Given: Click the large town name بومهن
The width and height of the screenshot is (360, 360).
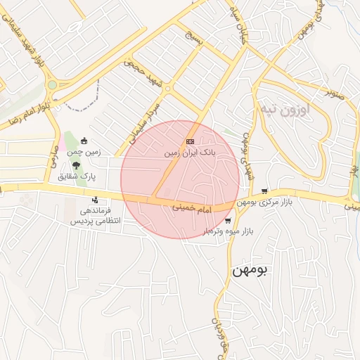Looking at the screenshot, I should [250, 270].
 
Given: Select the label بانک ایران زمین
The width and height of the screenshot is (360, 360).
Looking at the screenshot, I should [190, 152].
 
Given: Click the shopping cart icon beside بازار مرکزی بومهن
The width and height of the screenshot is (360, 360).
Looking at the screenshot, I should [264, 191].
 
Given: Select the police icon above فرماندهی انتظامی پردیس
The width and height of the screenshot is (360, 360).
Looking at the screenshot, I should [95, 200].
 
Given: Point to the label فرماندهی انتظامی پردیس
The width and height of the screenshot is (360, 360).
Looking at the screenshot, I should [94, 215].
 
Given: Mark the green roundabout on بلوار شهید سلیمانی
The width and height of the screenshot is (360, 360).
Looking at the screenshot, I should [51, 85].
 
